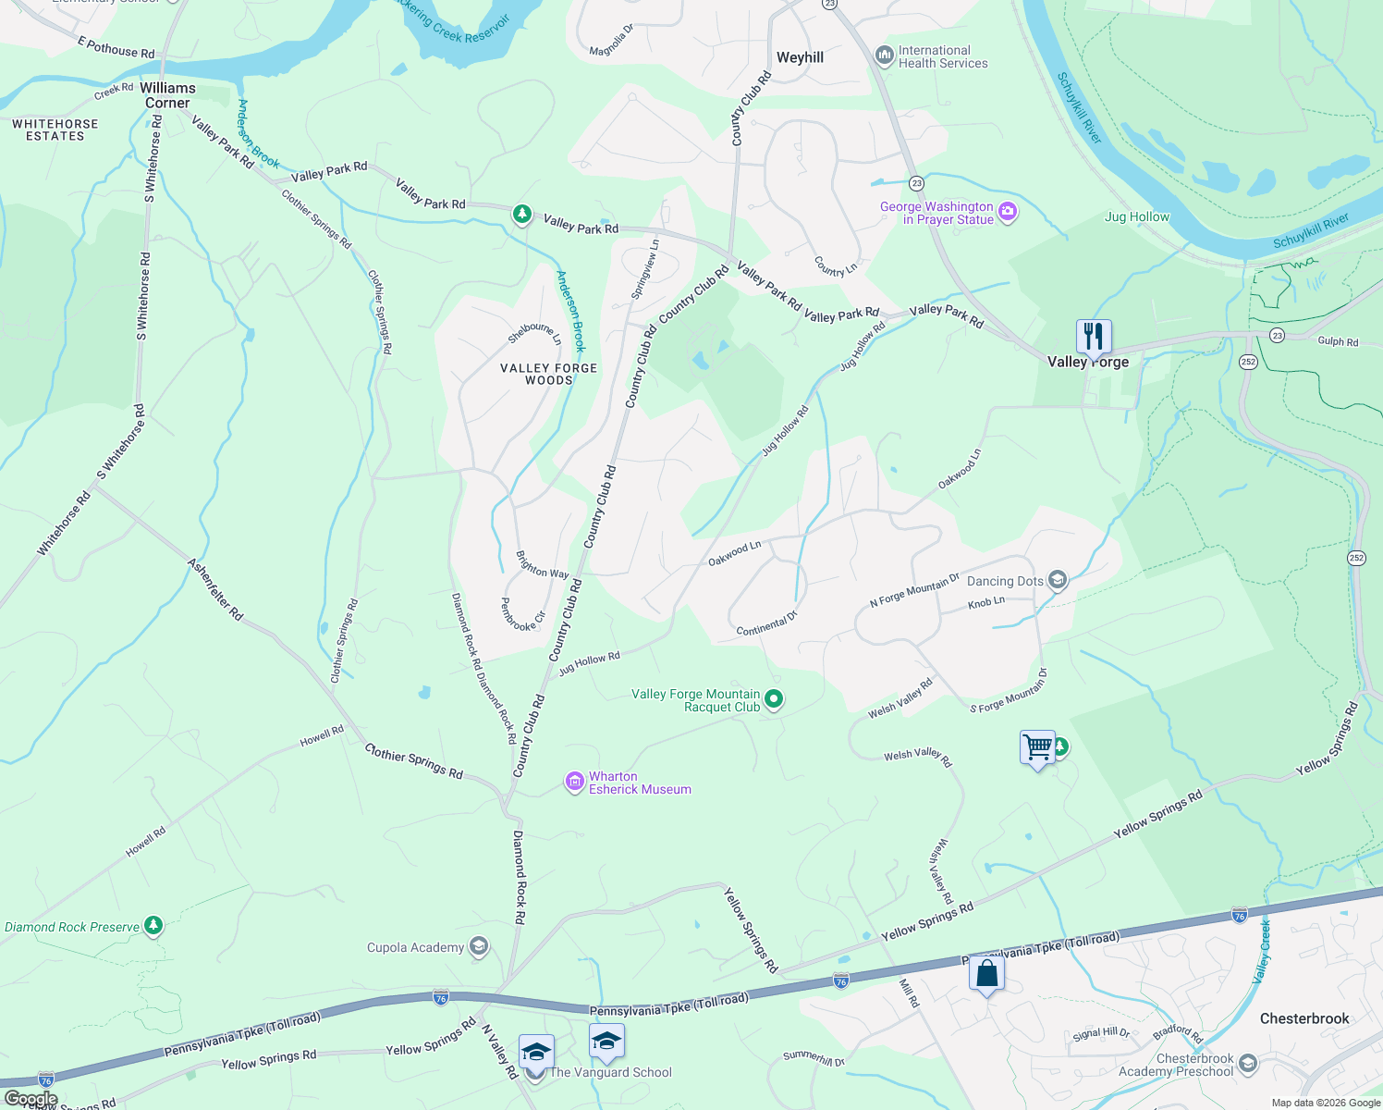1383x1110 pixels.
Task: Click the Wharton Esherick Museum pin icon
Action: pyautogui.click(x=575, y=783)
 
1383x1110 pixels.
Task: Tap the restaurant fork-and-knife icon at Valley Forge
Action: pyautogui.click(x=1093, y=336)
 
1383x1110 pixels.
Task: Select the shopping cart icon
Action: pyautogui.click(x=1037, y=746)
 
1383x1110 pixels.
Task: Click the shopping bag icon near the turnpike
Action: pyautogui.click(x=986, y=974)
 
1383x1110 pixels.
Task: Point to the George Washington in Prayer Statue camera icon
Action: pyautogui.click(x=1008, y=213)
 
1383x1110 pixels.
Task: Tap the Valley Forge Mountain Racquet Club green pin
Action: pyautogui.click(x=775, y=700)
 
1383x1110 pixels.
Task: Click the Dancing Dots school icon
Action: pyautogui.click(x=1058, y=581)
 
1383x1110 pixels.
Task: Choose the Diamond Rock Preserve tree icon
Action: pyautogui.click(x=153, y=926)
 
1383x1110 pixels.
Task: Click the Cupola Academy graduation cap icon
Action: pyautogui.click(x=478, y=946)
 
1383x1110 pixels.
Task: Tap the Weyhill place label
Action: pyautogui.click(x=800, y=57)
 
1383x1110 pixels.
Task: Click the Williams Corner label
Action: pyautogui.click(x=167, y=95)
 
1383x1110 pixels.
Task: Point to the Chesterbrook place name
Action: pyautogui.click(x=1304, y=1018)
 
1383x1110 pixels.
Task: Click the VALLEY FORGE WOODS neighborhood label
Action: pyautogui.click(x=548, y=374)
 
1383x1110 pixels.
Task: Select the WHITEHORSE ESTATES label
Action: pyautogui.click(x=55, y=129)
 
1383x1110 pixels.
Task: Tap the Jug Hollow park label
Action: pyautogui.click(x=1137, y=217)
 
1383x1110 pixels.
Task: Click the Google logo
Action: pyautogui.click(x=31, y=1099)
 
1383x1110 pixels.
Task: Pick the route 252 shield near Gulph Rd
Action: pyautogui.click(x=1248, y=362)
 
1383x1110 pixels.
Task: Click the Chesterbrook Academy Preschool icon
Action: pyautogui.click(x=1248, y=1064)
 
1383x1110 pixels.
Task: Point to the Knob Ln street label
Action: pyautogui.click(x=985, y=603)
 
